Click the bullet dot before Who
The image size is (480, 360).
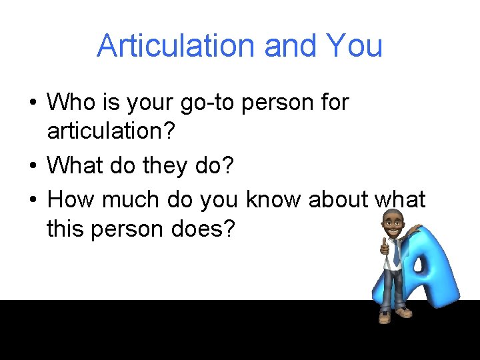(x=33, y=103)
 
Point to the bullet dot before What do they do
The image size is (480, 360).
(x=33, y=166)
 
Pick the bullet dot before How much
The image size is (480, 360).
(x=33, y=199)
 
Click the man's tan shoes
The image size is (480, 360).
(x=393, y=315)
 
